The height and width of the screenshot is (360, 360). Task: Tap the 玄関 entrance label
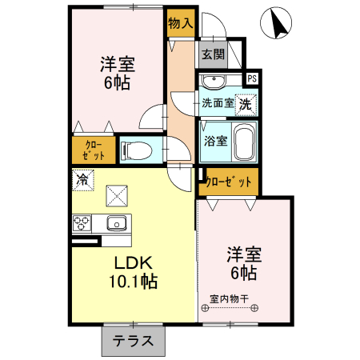(x=213, y=54)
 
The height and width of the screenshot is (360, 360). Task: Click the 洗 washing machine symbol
(x=248, y=102)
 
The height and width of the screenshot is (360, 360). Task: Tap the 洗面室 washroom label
(x=217, y=103)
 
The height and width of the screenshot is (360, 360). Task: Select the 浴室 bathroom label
(x=215, y=142)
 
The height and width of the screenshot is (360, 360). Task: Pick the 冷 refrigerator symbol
(x=82, y=179)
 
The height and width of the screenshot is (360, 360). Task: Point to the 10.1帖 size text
(x=132, y=282)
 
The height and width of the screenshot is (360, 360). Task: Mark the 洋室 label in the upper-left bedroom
(x=117, y=62)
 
